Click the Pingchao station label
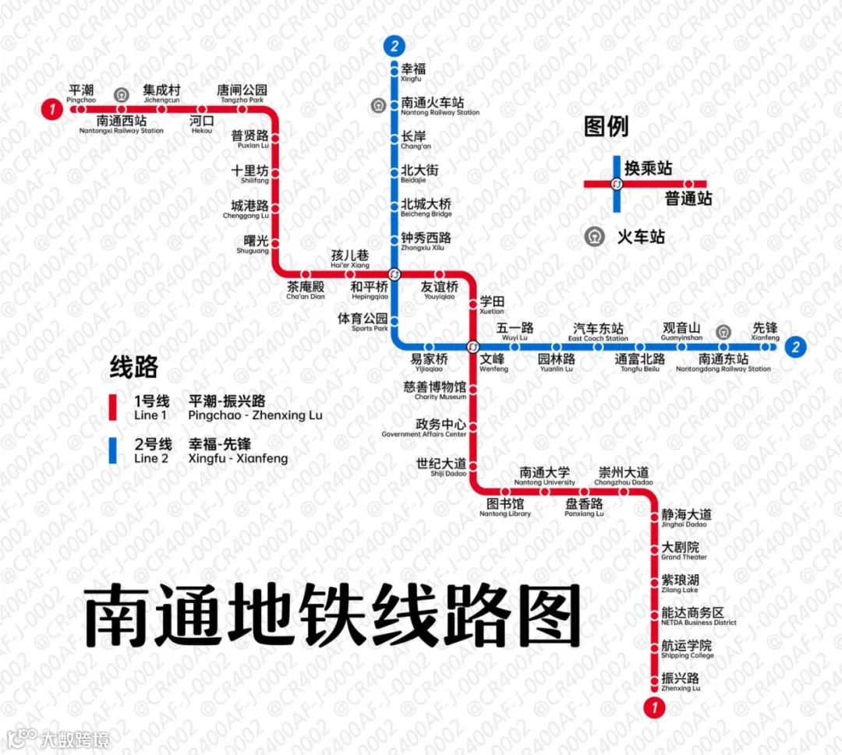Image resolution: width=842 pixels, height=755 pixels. [81, 94]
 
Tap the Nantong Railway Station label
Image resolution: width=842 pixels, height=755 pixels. [440, 107]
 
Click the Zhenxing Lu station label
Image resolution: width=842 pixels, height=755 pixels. [681, 682]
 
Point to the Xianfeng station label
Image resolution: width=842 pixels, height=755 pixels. [765, 332]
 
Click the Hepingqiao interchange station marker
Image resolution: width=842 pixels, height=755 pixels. [394, 273]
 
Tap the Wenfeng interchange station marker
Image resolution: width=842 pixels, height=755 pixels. [472, 347]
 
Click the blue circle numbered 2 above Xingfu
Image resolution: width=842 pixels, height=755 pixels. [395, 46]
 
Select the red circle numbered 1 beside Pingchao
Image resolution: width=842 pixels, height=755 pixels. [52, 110]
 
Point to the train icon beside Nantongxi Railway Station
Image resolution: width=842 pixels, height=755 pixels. [121, 95]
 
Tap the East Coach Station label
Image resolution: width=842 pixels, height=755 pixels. [598, 332]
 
